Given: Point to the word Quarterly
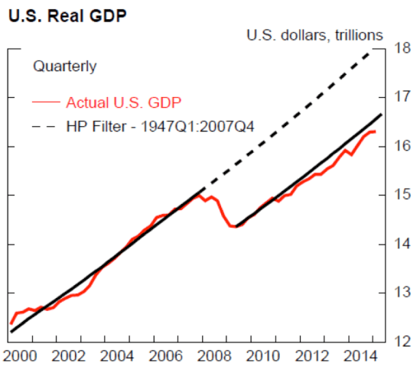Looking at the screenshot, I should click(x=64, y=66).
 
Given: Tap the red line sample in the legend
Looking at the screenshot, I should click(x=46, y=102).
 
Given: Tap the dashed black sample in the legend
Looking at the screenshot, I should click(x=46, y=125).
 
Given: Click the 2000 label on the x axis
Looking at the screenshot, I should click(x=18, y=356).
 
